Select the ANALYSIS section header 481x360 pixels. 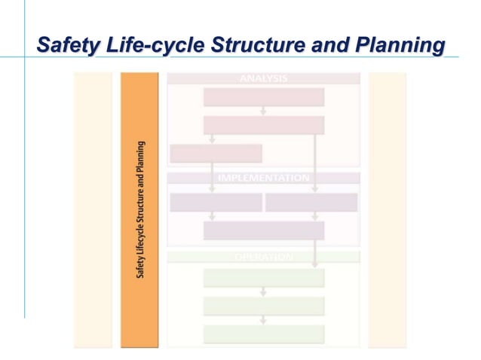coord(263,78)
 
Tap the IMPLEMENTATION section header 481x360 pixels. coord(263,178)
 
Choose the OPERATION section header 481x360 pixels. coord(263,257)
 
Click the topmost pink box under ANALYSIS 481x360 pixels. coord(263,97)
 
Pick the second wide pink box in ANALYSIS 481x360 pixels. coord(263,125)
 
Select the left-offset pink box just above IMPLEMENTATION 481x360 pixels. coord(216,154)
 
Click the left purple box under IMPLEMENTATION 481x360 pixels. coord(216,203)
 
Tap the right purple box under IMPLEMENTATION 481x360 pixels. coord(311,203)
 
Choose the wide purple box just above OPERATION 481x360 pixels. coord(263,230)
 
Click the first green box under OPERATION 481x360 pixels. coord(263,278)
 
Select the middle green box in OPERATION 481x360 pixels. coord(263,306)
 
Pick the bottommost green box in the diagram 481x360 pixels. coord(263,334)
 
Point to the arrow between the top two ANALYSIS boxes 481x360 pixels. coord(263,111)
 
